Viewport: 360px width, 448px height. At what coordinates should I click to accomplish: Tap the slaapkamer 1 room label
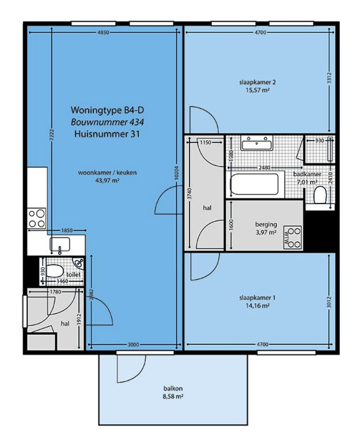[257, 297]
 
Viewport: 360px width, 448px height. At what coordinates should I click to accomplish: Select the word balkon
[170, 388]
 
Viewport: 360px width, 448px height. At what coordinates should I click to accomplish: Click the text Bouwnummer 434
[107, 122]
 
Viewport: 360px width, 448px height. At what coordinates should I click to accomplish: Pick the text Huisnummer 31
[107, 134]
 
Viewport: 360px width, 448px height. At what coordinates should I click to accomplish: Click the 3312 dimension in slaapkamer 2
[330, 82]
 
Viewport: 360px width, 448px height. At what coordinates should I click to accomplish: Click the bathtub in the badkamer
[255, 185]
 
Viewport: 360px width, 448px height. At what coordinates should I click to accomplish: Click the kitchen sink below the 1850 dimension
[60, 244]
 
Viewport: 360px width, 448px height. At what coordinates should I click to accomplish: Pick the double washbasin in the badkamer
[257, 143]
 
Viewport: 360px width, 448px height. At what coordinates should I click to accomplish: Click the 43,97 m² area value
[107, 180]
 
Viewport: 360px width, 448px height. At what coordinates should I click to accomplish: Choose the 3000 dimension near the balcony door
[134, 345]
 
